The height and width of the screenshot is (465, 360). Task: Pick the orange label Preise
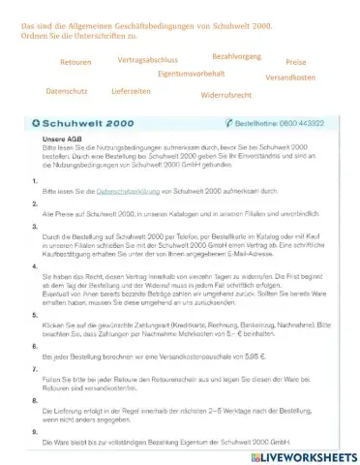[x=297, y=61]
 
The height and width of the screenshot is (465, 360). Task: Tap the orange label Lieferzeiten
[x=134, y=90]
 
